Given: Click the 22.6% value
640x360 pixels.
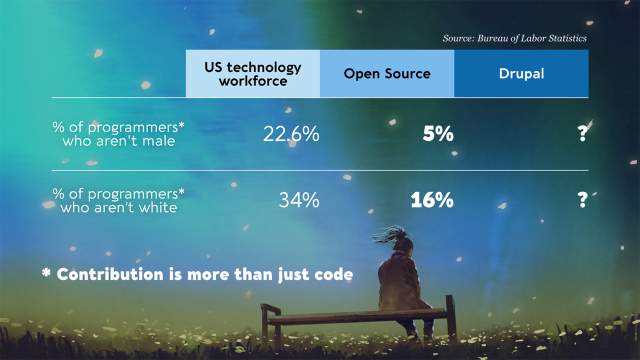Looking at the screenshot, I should (291, 134).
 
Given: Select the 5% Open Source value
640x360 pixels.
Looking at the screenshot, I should (438, 134).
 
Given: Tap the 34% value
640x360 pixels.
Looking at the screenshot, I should (299, 200).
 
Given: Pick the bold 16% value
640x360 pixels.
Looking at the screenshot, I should (432, 200).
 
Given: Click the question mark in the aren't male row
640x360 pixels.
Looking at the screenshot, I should (582, 133).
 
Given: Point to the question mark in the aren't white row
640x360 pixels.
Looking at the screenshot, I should (582, 200).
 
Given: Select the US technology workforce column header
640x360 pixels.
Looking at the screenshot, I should (253, 73).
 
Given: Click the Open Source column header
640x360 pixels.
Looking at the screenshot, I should (387, 73).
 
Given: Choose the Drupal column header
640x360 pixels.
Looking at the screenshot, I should (521, 73).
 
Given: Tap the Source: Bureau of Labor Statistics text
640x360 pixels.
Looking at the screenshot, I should (514, 38).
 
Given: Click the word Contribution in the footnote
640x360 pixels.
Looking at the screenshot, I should (110, 274).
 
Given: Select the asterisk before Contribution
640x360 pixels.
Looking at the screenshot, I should (46, 273).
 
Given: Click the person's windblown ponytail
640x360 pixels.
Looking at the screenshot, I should (387, 234).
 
